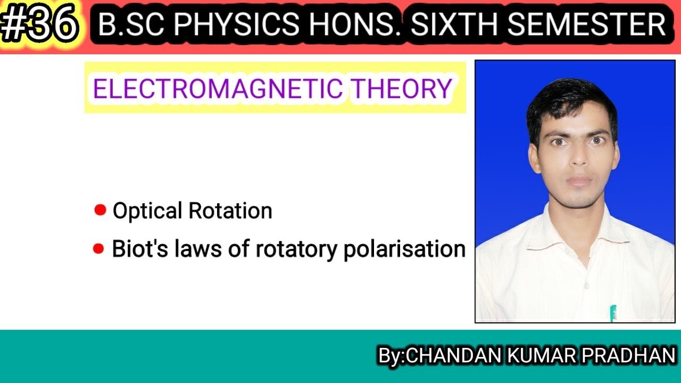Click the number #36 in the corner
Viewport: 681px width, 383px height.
40,26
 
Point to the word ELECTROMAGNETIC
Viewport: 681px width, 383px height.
218,88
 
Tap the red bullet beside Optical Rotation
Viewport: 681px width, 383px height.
100,210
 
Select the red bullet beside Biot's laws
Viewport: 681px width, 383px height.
98,248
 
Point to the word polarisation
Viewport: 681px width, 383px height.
404,249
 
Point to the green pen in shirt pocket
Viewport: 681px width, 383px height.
613,313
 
